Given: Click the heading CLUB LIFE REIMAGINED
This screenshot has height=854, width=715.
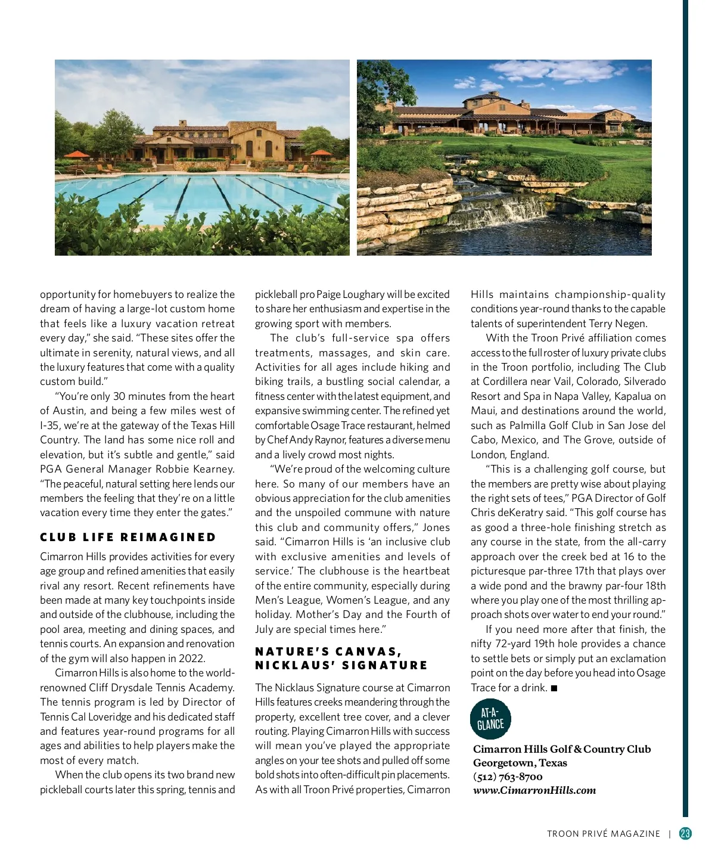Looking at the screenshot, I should [128, 537].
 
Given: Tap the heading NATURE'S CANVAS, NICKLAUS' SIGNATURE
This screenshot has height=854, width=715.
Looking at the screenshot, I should [341, 658].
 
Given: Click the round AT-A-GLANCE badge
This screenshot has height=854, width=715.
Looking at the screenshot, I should [490, 719].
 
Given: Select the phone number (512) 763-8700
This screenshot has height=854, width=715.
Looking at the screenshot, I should [508, 777].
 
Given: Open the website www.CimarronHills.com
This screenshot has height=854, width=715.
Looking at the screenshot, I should [534, 790].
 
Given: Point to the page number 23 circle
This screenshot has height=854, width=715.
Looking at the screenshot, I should [685, 833].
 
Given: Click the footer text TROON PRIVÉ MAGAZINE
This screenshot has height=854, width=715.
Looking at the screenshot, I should [604, 834].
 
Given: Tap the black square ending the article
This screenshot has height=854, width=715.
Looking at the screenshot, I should [554, 688].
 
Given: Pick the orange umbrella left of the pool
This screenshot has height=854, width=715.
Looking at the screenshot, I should [76, 155].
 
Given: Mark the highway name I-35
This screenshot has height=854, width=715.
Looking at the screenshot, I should [49, 426].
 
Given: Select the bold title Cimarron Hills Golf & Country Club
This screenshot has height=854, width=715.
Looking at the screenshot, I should [561, 749].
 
